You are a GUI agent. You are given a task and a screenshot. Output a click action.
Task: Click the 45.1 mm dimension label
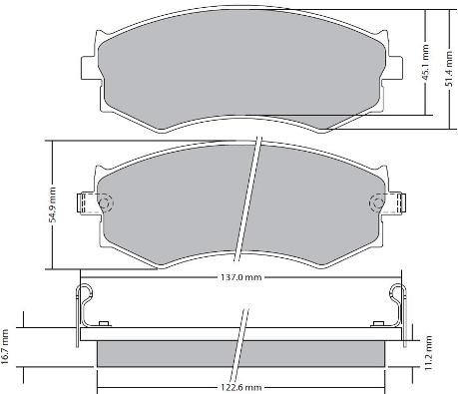(425, 63)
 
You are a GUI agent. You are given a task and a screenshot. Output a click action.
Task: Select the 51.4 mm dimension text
(449, 69)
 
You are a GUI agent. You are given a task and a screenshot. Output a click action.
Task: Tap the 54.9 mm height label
(52, 204)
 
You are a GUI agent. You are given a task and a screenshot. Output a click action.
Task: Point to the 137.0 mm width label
(241, 277)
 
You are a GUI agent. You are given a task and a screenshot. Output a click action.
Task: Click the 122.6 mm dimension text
(241, 387)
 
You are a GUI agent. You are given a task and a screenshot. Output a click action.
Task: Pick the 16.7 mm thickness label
(5, 347)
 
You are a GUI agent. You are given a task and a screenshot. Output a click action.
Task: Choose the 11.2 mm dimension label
(428, 353)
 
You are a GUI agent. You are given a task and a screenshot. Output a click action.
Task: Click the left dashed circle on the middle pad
(106, 202)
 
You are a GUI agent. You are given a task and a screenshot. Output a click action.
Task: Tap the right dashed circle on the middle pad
(378, 202)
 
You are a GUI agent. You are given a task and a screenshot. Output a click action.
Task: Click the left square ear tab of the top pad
(90, 68)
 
